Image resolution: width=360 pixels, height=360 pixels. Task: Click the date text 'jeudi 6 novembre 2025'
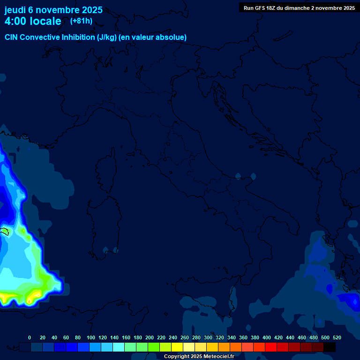(53, 10)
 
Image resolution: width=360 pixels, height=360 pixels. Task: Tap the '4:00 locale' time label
(33, 21)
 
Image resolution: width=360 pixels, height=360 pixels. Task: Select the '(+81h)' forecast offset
(81, 21)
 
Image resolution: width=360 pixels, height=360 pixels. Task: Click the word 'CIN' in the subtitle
(12, 37)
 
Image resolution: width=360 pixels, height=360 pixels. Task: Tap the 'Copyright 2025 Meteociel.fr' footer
(199, 356)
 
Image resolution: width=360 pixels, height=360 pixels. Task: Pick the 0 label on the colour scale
(30, 337)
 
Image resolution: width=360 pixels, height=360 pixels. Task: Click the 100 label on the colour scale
(91, 337)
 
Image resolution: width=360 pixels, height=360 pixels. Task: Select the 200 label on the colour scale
(150, 337)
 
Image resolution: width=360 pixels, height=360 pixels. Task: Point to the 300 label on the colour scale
(208, 337)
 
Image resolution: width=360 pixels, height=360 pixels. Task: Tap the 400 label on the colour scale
(267, 337)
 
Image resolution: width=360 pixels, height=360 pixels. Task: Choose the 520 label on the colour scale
(337, 337)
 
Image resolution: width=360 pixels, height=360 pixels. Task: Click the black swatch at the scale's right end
(330, 347)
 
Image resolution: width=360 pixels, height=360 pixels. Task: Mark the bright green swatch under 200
(154, 347)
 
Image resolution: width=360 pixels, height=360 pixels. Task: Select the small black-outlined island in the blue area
(5, 231)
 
